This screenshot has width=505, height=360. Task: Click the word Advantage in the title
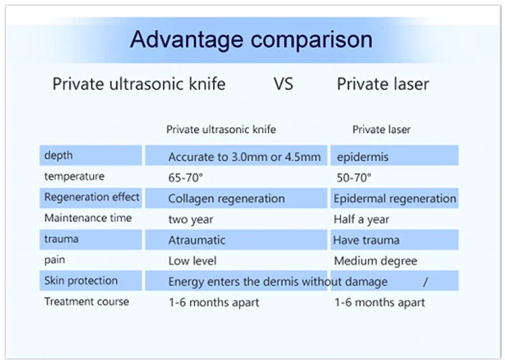187,40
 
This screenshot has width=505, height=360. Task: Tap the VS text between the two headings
283,84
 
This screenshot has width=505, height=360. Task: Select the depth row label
59,155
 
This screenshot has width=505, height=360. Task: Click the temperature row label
74,176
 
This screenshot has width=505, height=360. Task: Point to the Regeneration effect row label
92,197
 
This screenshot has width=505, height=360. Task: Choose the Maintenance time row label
88,218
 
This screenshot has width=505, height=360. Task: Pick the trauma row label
61,239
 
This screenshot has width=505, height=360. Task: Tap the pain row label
55,260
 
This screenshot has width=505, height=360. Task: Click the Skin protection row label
81,281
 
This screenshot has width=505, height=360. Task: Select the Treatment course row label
86,301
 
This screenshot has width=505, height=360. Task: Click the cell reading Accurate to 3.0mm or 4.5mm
244,157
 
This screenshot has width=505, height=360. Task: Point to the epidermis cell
363,157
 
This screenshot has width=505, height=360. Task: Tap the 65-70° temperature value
186,178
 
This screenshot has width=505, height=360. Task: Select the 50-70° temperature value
354,178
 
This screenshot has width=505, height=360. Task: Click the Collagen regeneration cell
226,199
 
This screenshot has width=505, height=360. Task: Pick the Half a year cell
362,219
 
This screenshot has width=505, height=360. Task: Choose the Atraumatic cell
197,240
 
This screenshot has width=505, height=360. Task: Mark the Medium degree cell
376,261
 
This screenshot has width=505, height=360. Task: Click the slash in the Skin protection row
426,282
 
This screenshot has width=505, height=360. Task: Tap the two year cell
191,220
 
